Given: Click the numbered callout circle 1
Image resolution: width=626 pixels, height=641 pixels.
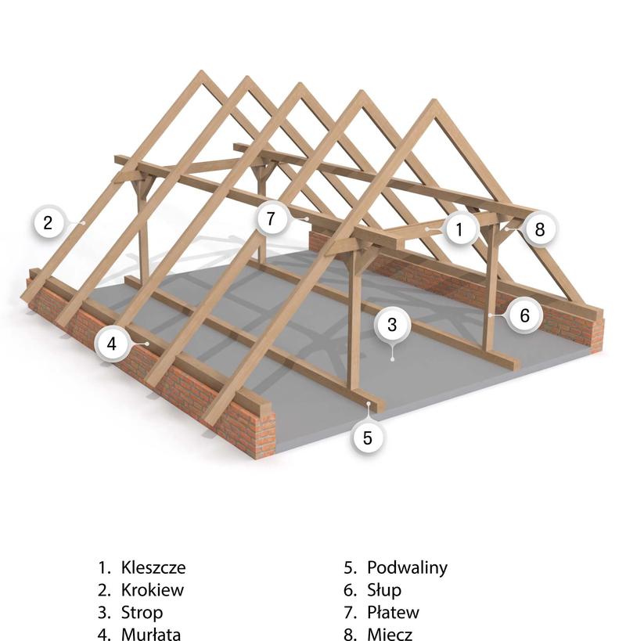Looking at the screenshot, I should (460, 229).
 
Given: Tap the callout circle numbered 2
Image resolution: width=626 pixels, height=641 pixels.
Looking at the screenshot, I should (48, 222).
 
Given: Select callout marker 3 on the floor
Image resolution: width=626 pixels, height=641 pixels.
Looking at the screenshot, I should (393, 323).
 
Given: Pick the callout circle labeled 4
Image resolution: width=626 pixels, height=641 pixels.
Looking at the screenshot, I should (112, 343).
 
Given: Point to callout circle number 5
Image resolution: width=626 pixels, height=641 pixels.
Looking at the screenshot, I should (369, 437).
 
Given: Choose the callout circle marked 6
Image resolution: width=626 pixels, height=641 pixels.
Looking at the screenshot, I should (524, 315).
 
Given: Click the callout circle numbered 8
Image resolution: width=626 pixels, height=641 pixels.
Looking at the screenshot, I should (539, 229).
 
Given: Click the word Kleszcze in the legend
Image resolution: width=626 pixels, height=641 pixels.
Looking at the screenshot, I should (153, 567).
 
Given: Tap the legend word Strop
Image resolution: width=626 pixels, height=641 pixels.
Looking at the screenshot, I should (142, 612).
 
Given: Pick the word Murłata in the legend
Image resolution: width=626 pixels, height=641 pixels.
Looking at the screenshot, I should (151, 634).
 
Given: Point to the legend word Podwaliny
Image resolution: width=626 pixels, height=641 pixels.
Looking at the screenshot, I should (407, 567).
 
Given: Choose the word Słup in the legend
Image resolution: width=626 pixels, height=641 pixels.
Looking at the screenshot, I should (384, 590).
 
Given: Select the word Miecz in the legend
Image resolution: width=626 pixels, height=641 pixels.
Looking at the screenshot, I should (389, 634).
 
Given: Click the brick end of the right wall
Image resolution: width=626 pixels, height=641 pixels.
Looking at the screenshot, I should (599, 333).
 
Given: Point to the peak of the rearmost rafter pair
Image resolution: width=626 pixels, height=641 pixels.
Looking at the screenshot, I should (201, 74).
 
